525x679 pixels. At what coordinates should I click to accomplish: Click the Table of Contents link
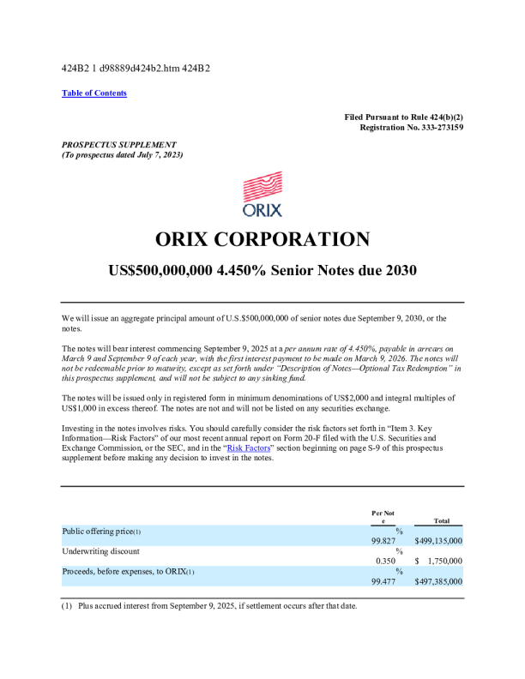pos(94,93)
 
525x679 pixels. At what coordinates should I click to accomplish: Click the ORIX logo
pos(262,195)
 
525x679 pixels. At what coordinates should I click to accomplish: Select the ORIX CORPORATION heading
pos(262,239)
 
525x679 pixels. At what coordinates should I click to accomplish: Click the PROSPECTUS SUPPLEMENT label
pos(119,144)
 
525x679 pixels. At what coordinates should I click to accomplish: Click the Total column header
pos(442,520)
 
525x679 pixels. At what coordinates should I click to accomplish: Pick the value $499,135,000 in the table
pos(438,541)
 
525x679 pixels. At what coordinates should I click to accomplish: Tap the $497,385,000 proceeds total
pos(438,581)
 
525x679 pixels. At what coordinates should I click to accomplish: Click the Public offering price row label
pos(102,531)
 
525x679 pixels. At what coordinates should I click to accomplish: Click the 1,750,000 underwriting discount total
pos(444,561)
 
